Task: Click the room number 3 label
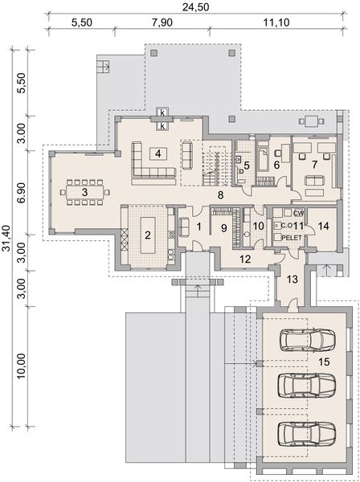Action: pos(84,193)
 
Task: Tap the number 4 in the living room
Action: pos(158,153)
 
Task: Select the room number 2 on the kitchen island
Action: pos(147,235)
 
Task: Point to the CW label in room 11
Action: pos(298,212)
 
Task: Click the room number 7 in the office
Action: pos(315,164)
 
